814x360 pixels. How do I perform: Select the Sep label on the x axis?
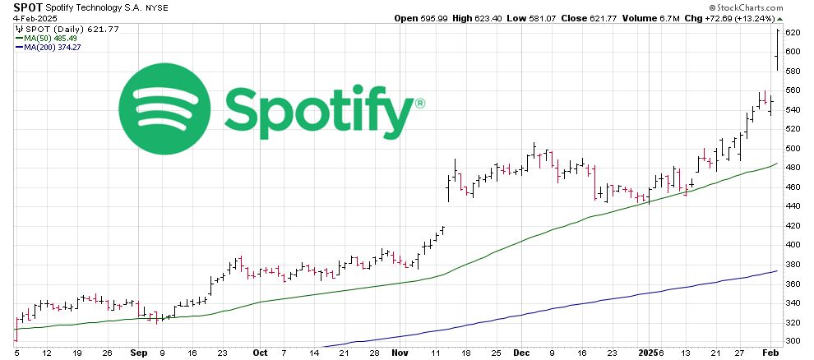138,353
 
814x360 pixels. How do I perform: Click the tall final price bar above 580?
777,49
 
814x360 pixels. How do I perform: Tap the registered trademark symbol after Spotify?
420,104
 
